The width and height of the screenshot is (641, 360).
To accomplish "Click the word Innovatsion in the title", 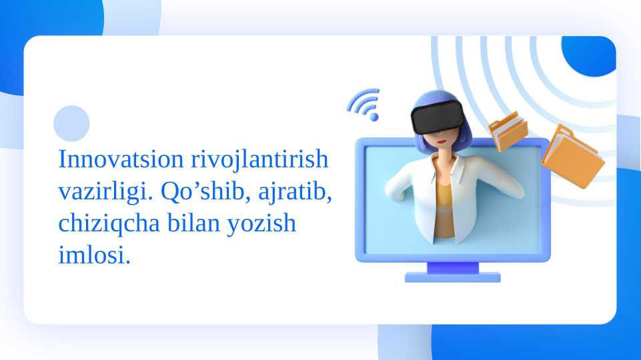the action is tap(121, 159).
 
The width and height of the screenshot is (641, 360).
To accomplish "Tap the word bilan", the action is tap(194, 223).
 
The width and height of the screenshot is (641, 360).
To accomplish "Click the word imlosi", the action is tap(95, 255).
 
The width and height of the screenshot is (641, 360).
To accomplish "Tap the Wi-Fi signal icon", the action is tap(364, 105).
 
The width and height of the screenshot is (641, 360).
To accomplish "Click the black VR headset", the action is tap(438, 117).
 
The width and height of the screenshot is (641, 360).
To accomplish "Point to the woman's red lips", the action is tap(441, 142).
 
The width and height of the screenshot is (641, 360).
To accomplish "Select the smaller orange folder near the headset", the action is tap(508, 131).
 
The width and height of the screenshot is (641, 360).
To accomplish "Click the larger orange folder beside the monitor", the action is tap(573, 157).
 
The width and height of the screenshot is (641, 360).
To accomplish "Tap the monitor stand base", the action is tap(452, 277).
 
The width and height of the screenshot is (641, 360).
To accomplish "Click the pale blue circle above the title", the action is tap(71, 123).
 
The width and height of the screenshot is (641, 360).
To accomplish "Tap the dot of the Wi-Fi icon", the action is tap(374, 117).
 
